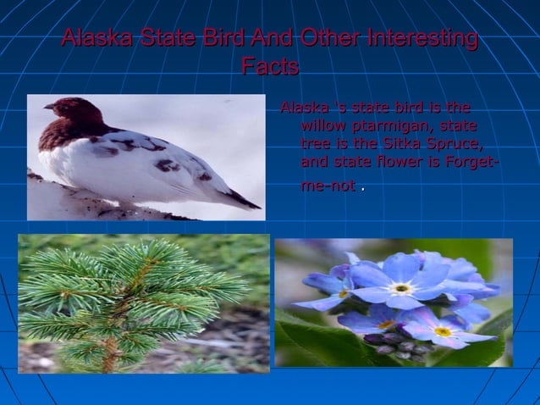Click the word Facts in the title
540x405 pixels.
click(x=269, y=67)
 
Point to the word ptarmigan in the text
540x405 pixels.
click(x=384, y=125)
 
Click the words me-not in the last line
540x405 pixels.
click(x=328, y=185)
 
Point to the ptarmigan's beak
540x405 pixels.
click(x=48, y=107)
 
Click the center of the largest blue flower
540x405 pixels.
click(x=401, y=288)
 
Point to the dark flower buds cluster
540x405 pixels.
click(x=398, y=342)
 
